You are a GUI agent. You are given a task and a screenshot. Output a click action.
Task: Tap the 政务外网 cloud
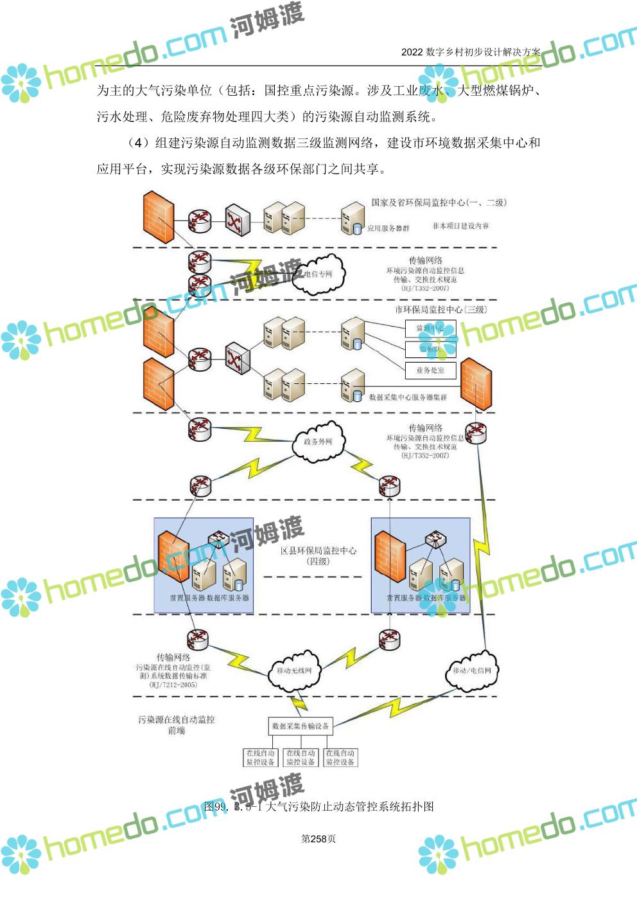[318, 442]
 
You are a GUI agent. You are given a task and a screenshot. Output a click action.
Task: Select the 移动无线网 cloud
[293, 671]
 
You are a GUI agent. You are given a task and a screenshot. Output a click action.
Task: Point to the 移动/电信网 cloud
[471, 671]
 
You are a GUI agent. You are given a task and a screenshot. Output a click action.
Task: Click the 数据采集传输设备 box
[300, 726]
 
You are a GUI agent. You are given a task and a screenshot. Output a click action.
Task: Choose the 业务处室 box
[430, 370]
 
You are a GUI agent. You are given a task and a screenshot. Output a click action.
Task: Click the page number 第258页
[318, 838]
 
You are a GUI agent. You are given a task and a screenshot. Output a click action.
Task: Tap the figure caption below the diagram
[318, 806]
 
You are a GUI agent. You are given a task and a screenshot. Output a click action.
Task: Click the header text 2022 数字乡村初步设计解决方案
[470, 52]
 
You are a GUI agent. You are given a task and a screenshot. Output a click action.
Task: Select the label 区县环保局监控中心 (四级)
[318, 555]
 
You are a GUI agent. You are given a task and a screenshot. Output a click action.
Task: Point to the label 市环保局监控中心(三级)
[441, 309]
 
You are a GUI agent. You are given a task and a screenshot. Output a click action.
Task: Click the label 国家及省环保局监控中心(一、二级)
[439, 203]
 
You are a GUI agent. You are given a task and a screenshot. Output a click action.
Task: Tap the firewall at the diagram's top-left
[158, 216]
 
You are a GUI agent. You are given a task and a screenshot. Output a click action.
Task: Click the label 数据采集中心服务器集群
[408, 397]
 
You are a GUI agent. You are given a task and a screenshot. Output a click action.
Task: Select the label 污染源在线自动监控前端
[176, 725]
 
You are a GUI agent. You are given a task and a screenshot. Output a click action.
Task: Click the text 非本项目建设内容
[460, 226]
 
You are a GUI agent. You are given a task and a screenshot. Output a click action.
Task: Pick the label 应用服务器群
[388, 228]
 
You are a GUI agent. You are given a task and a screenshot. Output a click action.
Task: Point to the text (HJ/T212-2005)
[173, 685]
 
